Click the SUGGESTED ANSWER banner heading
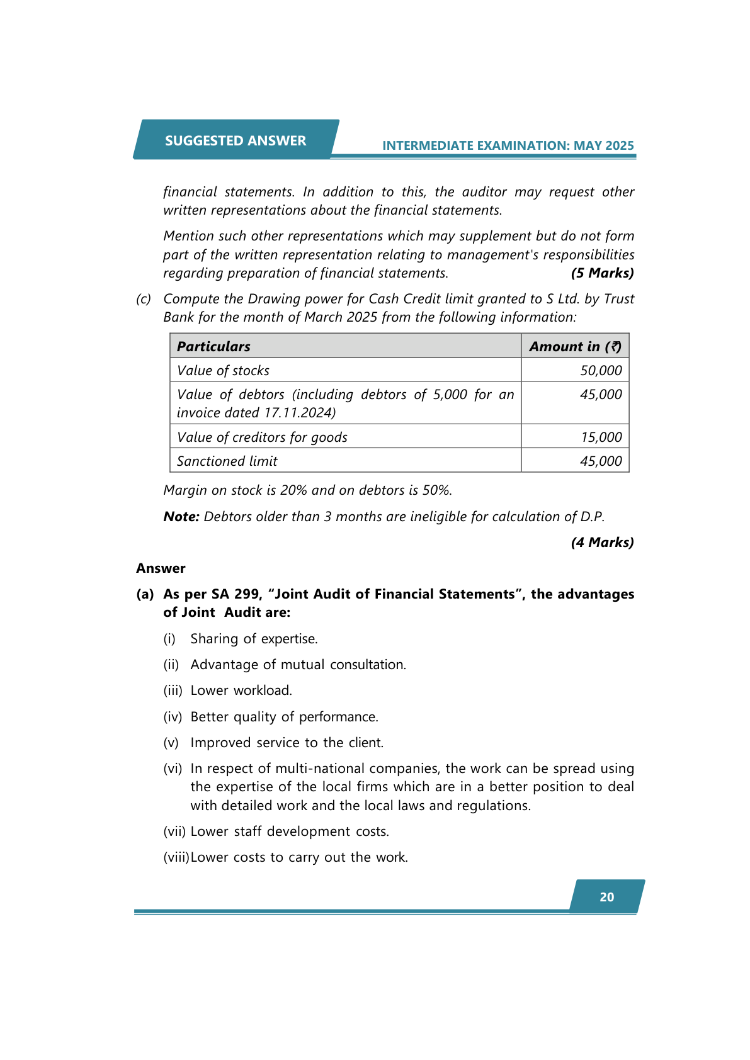pyautogui.click(x=236, y=140)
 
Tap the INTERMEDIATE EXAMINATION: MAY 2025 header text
pyautogui.click(x=508, y=145)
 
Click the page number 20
pyautogui.click(x=606, y=897)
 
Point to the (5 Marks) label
pyautogui.click(x=602, y=273)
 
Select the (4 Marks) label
pyautogui.click(x=602, y=543)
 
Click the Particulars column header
pyautogui.click(x=213, y=346)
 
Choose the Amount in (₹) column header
pyautogui.click(x=575, y=346)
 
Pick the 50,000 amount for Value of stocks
pyautogui.click(x=601, y=371)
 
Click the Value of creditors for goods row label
pyautogui.click(x=262, y=437)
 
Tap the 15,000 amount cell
pyautogui.click(x=601, y=437)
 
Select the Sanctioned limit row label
pyautogui.click(x=227, y=461)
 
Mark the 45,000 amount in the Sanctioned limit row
pyautogui.click(x=601, y=461)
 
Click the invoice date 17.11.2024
pyautogui.click(x=298, y=413)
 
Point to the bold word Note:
pyautogui.click(x=181, y=517)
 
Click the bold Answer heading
pyautogui.click(x=161, y=568)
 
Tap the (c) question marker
pyautogui.click(x=144, y=299)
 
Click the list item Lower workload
pyautogui.click(x=241, y=691)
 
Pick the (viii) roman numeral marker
pyautogui.click(x=176, y=857)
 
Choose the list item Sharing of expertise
pyautogui.click(x=254, y=639)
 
